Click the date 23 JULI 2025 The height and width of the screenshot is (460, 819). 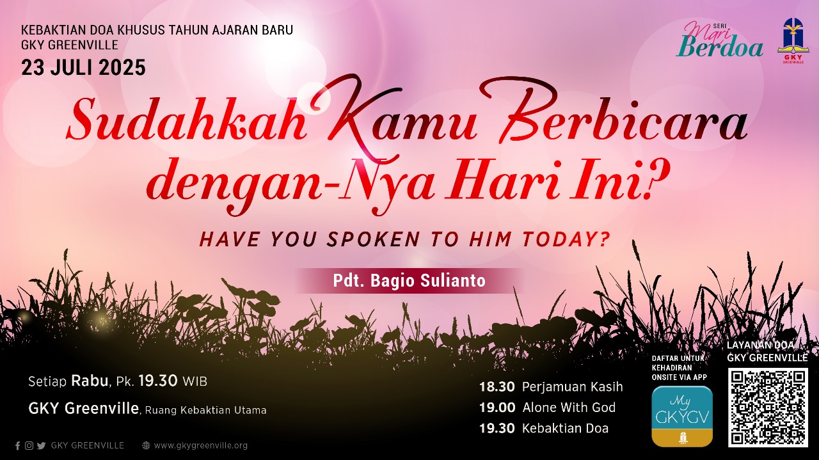coord(83,68)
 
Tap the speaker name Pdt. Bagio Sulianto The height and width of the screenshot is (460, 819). coord(409,280)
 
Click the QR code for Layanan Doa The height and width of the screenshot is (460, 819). coord(768,408)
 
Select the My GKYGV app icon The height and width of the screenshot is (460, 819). coord(682,416)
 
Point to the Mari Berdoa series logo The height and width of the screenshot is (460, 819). coord(719,40)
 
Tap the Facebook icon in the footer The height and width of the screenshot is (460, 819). coord(17,445)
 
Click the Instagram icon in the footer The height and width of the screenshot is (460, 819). coord(29,445)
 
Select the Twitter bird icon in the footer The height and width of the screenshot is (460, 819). coord(42,445)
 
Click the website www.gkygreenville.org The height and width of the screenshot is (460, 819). coord(201,445)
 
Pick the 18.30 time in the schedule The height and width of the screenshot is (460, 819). coord(497,387)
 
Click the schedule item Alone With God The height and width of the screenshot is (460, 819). coord(569,408)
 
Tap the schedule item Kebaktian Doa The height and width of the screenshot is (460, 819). coord(565,428)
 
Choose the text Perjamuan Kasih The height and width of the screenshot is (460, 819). coord(572,387)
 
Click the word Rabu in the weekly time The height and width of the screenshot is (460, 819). coord(90,381)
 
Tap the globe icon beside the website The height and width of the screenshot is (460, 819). coord(146,445)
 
